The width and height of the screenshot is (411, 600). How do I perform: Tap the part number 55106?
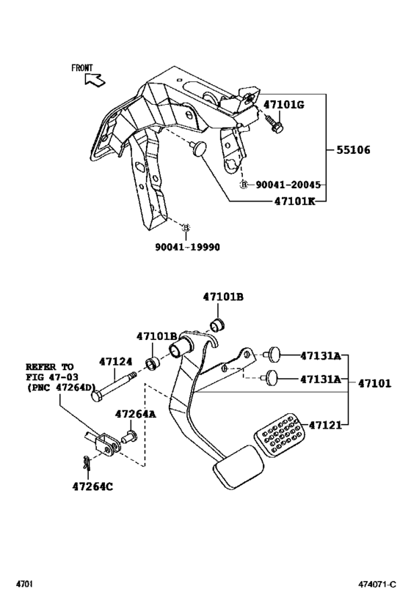(353, 150)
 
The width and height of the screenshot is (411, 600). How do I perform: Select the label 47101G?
(283, 105)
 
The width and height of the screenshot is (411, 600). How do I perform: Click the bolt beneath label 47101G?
(275, 125)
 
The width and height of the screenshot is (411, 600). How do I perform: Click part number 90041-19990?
(186, 247)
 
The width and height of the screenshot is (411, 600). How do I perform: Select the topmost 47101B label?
(223, 297)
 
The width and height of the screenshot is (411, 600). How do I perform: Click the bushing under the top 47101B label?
(217, 325)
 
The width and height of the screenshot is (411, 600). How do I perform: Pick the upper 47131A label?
(320, 356)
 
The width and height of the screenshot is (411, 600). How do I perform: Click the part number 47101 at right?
(374, 382)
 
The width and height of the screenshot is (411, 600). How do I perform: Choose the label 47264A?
(135, 414)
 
